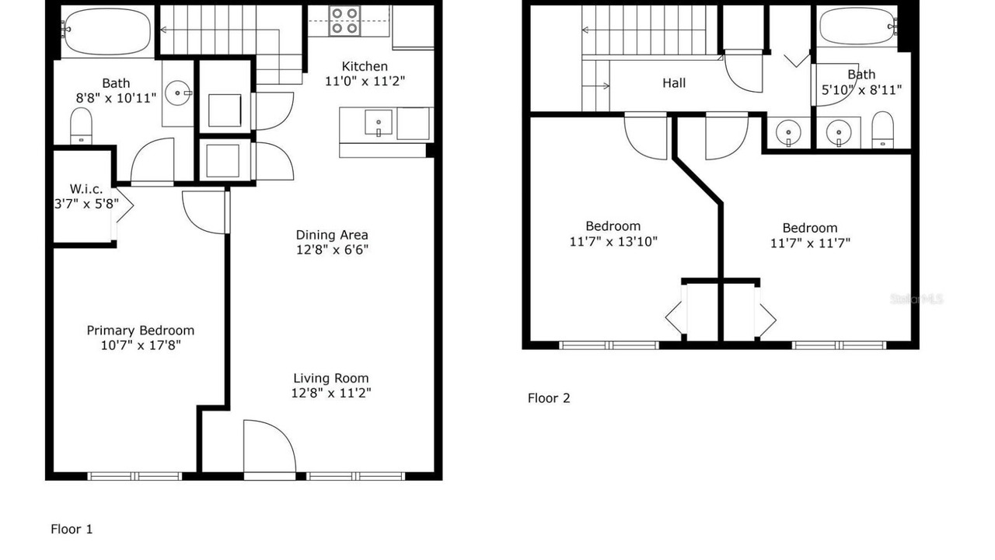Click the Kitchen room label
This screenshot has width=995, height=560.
pyautogui.click(x=365, y=66)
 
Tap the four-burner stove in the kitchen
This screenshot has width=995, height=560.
pyautogui.click(x=344, y=20)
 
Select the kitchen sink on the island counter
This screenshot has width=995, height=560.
pyautogui.click(x=379, y=123)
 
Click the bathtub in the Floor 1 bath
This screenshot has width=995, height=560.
pyautogui.click(x=106, y=30)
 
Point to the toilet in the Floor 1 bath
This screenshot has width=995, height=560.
pyautogui.click(x=81, y=126)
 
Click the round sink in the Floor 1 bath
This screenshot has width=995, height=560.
pyautogui.click(x=178, y=93)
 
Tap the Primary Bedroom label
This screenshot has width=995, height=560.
pyautogui.click(x=141, y=331)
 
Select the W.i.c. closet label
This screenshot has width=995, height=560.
pyautogui.click(x=86, y=188)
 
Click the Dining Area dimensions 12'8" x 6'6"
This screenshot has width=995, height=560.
pyautogui.click(x=332, y=250)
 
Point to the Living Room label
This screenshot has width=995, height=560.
pyautogui.click(x=331, y=378)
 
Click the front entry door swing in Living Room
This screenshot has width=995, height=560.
pyautogui.click(x=270, y=446)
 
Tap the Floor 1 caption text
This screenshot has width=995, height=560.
pyautogui.click(x=72, y=529)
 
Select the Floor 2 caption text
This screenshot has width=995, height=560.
pyautogui.click(x=549, y=397)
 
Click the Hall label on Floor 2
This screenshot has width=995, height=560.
pyautogui.click(x=674, y=82)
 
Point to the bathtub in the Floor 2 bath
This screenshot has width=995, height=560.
pyautogui.click(x=857, y=26)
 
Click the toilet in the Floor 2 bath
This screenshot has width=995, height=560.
pyautogui.click(x=882, y=129)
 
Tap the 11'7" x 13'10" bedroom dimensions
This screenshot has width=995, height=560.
pyautogui.click(x=613, y=241)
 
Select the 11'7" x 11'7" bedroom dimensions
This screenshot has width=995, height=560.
pyautogui.click(x=810, y=243)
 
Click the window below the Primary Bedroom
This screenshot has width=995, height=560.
pyautogui.click(x=134, y=477)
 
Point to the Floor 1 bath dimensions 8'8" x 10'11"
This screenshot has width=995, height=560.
pyautogui.click(x=116, y=98)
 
